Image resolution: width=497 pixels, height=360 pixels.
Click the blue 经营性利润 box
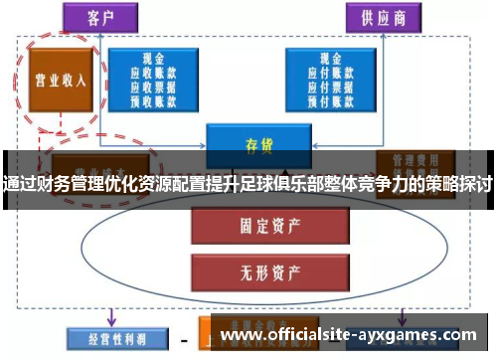pyautogui.click(x=108, y=340)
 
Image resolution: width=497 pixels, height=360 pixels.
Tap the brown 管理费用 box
pyautogui.click(x=405, y=158)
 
